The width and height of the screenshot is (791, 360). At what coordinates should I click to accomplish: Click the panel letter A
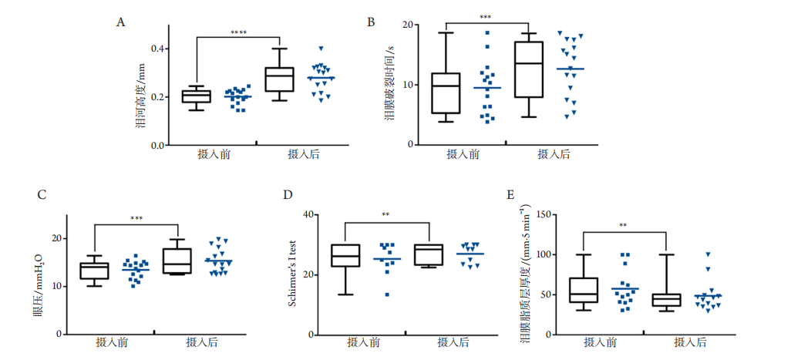[120, 22]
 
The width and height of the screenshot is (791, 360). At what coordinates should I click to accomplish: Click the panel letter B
[371, 22]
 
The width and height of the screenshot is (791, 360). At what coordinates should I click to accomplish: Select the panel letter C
[42, 193]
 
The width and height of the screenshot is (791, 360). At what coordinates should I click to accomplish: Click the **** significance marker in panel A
[238, 32]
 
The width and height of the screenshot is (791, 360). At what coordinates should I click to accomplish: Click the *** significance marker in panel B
[485, 17]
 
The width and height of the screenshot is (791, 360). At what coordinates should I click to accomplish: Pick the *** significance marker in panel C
[136, 219]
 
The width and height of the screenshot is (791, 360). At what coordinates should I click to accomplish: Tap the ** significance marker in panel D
[385, 215]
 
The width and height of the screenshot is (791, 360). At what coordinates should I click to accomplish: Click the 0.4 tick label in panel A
[157, 49]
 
